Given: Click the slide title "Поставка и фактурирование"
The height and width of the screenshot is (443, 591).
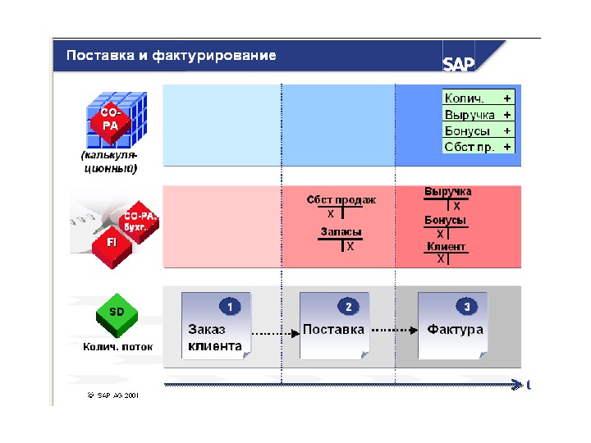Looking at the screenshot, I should tap(171, 56).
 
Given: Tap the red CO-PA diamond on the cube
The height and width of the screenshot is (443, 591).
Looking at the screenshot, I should tap(110, 121).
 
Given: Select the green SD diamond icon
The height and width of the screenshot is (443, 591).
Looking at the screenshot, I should tap(117, 313).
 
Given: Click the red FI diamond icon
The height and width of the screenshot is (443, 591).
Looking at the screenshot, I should tap(111, 243).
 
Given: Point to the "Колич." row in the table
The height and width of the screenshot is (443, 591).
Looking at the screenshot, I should tap(479, 98).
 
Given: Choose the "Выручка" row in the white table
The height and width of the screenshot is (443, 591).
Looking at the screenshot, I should tap(479, 114).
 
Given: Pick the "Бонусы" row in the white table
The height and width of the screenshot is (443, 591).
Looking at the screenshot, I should tap(479, 130).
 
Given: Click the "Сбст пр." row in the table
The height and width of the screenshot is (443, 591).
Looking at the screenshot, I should tap(479, 147).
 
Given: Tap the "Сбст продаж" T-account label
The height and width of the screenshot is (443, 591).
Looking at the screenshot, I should tap(341, 200).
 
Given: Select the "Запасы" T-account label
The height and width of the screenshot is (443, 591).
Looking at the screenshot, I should tap(341, 232).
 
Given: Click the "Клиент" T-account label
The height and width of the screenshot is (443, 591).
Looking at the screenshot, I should tap(446, 246).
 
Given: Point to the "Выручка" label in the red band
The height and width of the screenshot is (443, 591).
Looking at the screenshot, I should tap(447, 192).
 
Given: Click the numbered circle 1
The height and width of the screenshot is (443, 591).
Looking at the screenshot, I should tap(230, 307).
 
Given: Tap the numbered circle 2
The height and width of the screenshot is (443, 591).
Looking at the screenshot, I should tap(348, 307).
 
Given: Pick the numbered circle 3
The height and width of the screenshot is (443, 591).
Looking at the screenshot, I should tap(467, 307).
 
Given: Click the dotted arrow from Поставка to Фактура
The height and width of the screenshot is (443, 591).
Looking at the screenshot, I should tap(392, 330).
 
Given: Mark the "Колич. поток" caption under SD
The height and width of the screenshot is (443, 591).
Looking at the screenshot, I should tap(117, 347).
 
